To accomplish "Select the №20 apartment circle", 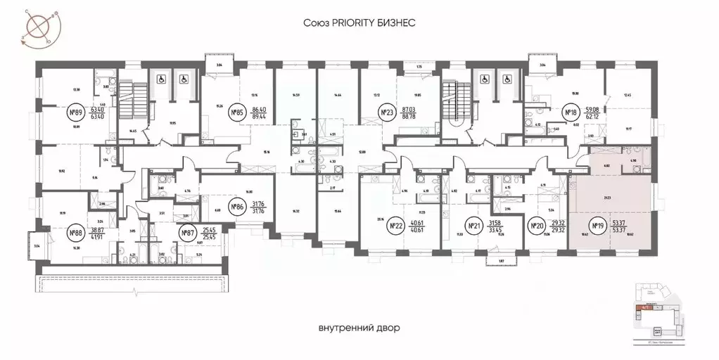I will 537,226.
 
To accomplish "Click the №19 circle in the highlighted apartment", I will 598,226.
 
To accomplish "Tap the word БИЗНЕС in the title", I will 398,23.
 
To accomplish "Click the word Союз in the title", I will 315,23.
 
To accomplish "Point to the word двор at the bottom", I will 397,328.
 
